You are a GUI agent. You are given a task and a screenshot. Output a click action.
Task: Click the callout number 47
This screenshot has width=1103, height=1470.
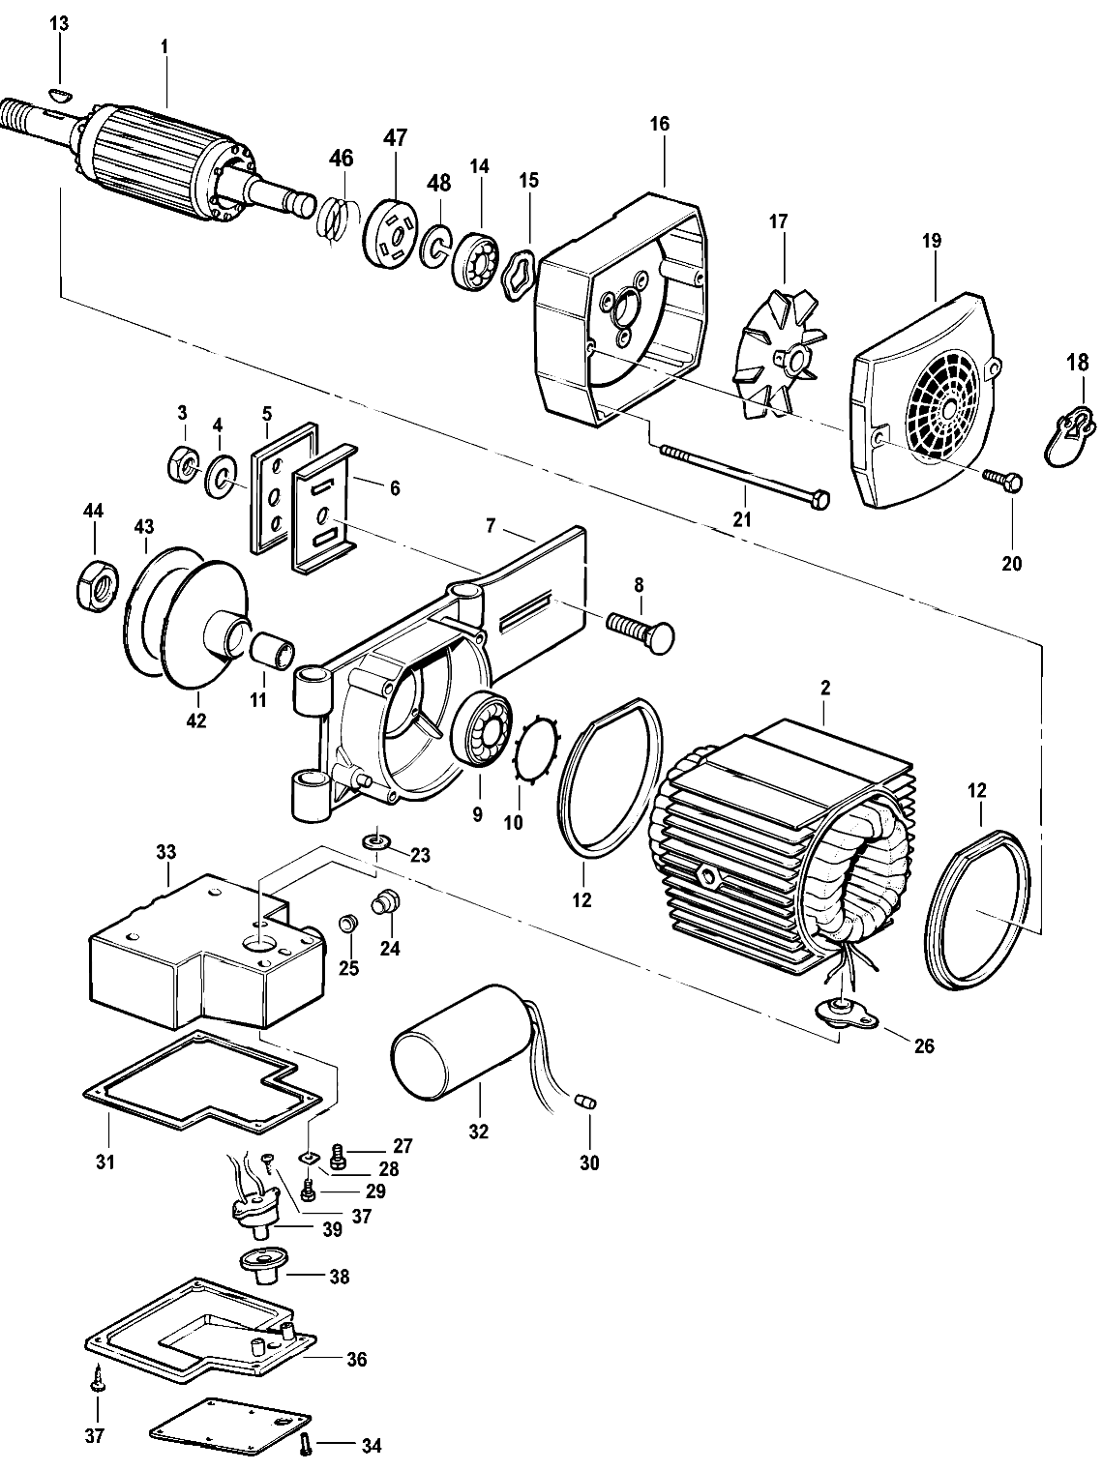click(x=396, y=137)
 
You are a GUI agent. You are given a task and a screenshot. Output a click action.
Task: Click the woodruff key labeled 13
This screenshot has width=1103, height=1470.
click(x=59, y=92)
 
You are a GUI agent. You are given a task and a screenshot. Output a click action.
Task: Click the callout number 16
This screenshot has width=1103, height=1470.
click(x=660, y=125)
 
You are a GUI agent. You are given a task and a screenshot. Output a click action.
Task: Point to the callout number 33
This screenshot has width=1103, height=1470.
click(x=165, y=852)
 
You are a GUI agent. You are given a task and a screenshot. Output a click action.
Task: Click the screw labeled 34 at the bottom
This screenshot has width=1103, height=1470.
click(x=308, y=1445)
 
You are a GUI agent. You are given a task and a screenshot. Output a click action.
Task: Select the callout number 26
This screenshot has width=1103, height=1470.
click(x=924, y=1045)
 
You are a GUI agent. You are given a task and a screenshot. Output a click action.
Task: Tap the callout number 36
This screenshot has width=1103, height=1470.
click(x=356, y=1359)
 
